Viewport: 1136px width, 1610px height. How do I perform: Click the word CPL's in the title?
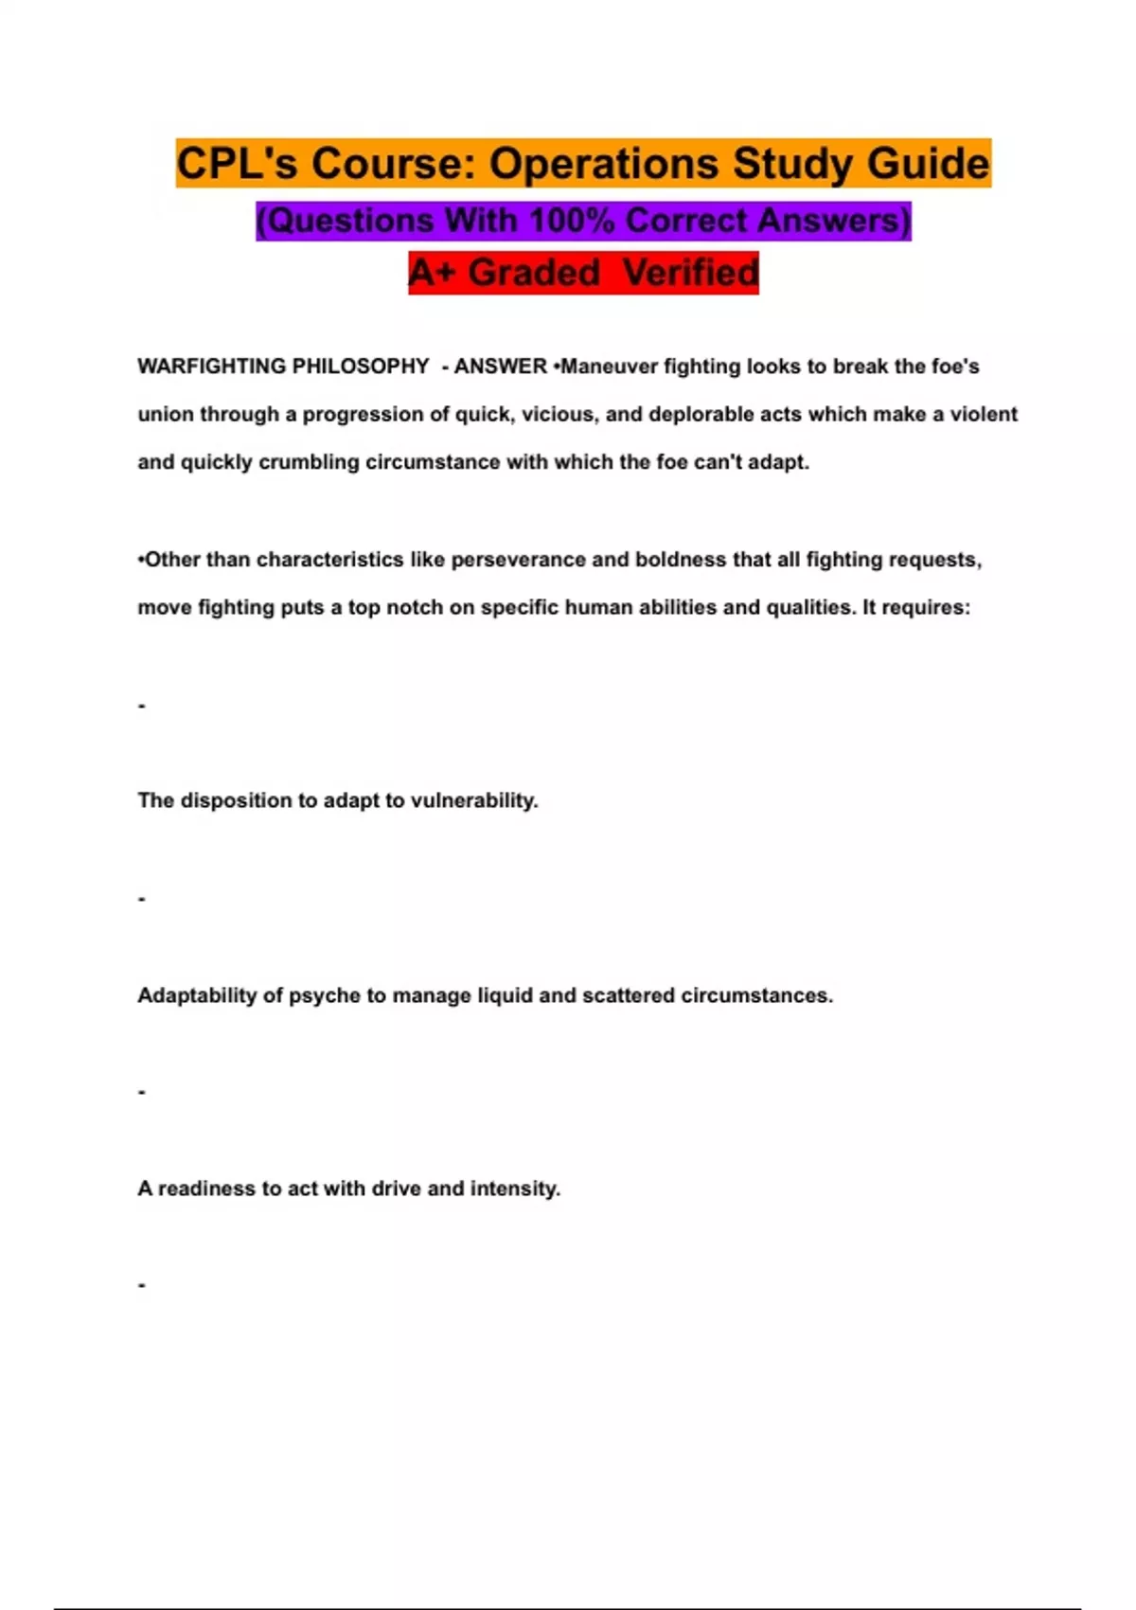point(237,163)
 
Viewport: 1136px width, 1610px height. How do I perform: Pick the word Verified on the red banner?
point(691,273)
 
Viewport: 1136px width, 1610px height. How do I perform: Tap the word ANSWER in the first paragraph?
point(500,367)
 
